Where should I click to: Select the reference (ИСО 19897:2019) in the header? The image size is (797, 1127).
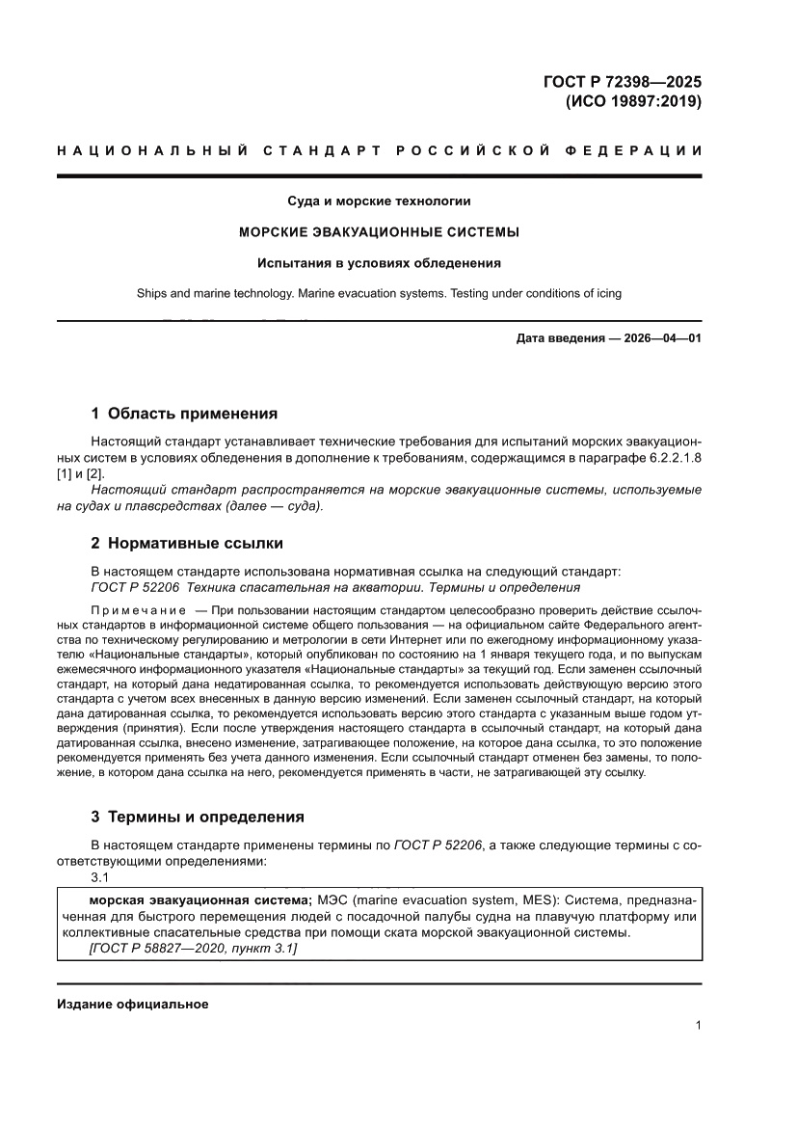pos(632,100)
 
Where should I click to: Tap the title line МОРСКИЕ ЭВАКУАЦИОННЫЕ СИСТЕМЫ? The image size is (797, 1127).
pos(379,232)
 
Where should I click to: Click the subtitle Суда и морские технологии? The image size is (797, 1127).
pos(379,201)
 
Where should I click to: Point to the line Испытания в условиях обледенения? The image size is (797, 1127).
pos(379,262)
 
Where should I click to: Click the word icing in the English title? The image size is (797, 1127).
pos(606,293)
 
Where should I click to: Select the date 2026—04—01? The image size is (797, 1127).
pos(657,338)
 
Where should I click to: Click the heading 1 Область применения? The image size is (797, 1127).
pos(183,414)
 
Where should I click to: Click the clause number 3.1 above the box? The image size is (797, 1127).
pos(99,876)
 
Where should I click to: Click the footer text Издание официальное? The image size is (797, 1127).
pos(133,1004)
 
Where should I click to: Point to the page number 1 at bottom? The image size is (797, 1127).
pos(697,1026)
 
